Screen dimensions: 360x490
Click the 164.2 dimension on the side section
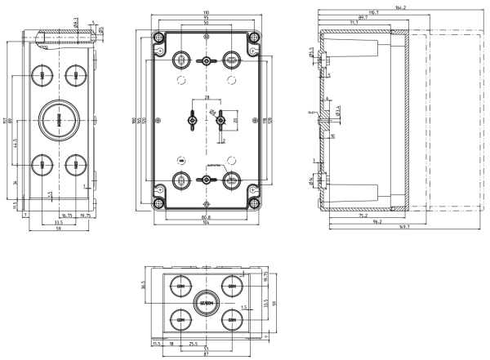[x=400, y=7]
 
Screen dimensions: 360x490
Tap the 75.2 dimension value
[x=361, y=217]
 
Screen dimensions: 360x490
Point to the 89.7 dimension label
[x=363, y=17]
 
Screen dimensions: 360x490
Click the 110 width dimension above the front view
[x=206, y=13]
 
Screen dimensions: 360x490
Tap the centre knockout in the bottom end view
[x=204, y=302]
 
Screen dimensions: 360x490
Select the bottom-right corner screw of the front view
[x=253, y=201]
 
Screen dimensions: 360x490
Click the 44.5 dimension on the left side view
[x=17, y=144]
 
